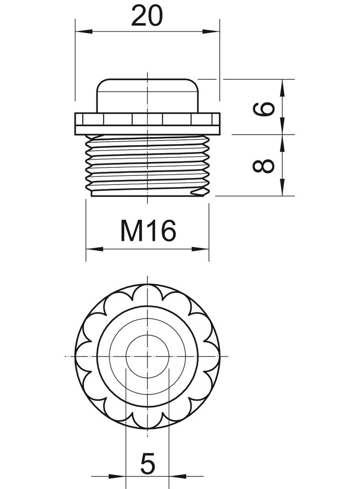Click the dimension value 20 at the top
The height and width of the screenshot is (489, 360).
147,17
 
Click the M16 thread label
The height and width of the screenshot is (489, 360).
148,231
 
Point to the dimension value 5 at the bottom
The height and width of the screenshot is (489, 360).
147,465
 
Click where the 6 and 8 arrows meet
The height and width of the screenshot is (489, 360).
282,134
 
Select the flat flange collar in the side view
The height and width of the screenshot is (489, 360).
147,123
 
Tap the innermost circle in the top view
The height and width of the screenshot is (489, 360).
147,356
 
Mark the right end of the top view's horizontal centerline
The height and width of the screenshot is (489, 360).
228,356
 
